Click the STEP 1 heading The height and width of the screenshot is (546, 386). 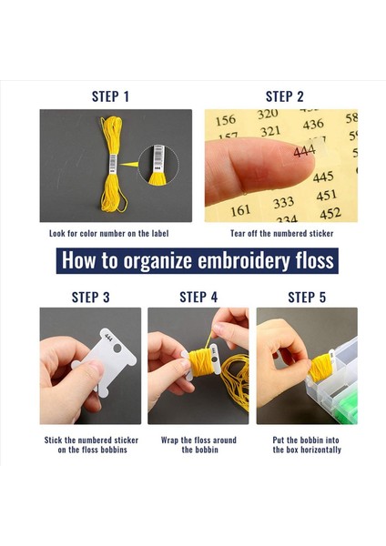tap(110, 96)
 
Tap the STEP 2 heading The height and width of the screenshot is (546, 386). tap(284, 96)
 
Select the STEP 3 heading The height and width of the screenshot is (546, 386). tap(90, 298)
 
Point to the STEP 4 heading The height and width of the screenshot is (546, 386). tap(198, 298)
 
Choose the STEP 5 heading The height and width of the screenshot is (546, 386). tap(307, 298)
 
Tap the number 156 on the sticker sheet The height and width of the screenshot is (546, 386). tap(226, 120)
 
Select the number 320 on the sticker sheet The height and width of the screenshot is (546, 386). tap(268, 114)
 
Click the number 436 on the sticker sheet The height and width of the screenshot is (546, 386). tap(313, 125)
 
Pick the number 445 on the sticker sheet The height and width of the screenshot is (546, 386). tap(323, 177)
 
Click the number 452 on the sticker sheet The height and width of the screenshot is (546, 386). tap(330, 214)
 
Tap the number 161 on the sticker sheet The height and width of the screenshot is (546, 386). tap(240, 210)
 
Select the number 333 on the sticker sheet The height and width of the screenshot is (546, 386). tap(283, 203)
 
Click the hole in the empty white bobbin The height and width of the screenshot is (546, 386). tap(117, 348)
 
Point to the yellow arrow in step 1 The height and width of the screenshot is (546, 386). tap(128, 164)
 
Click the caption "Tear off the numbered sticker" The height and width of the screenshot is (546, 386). tap(282, 233)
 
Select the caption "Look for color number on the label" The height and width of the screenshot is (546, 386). tap(108, 233)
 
